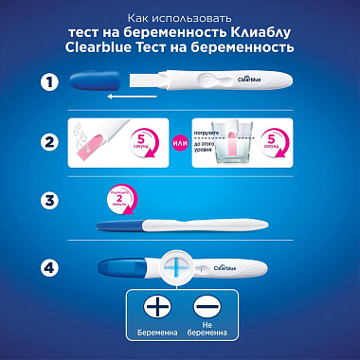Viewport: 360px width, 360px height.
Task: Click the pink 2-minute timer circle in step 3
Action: pyautogui.click(x=114, y=199)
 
